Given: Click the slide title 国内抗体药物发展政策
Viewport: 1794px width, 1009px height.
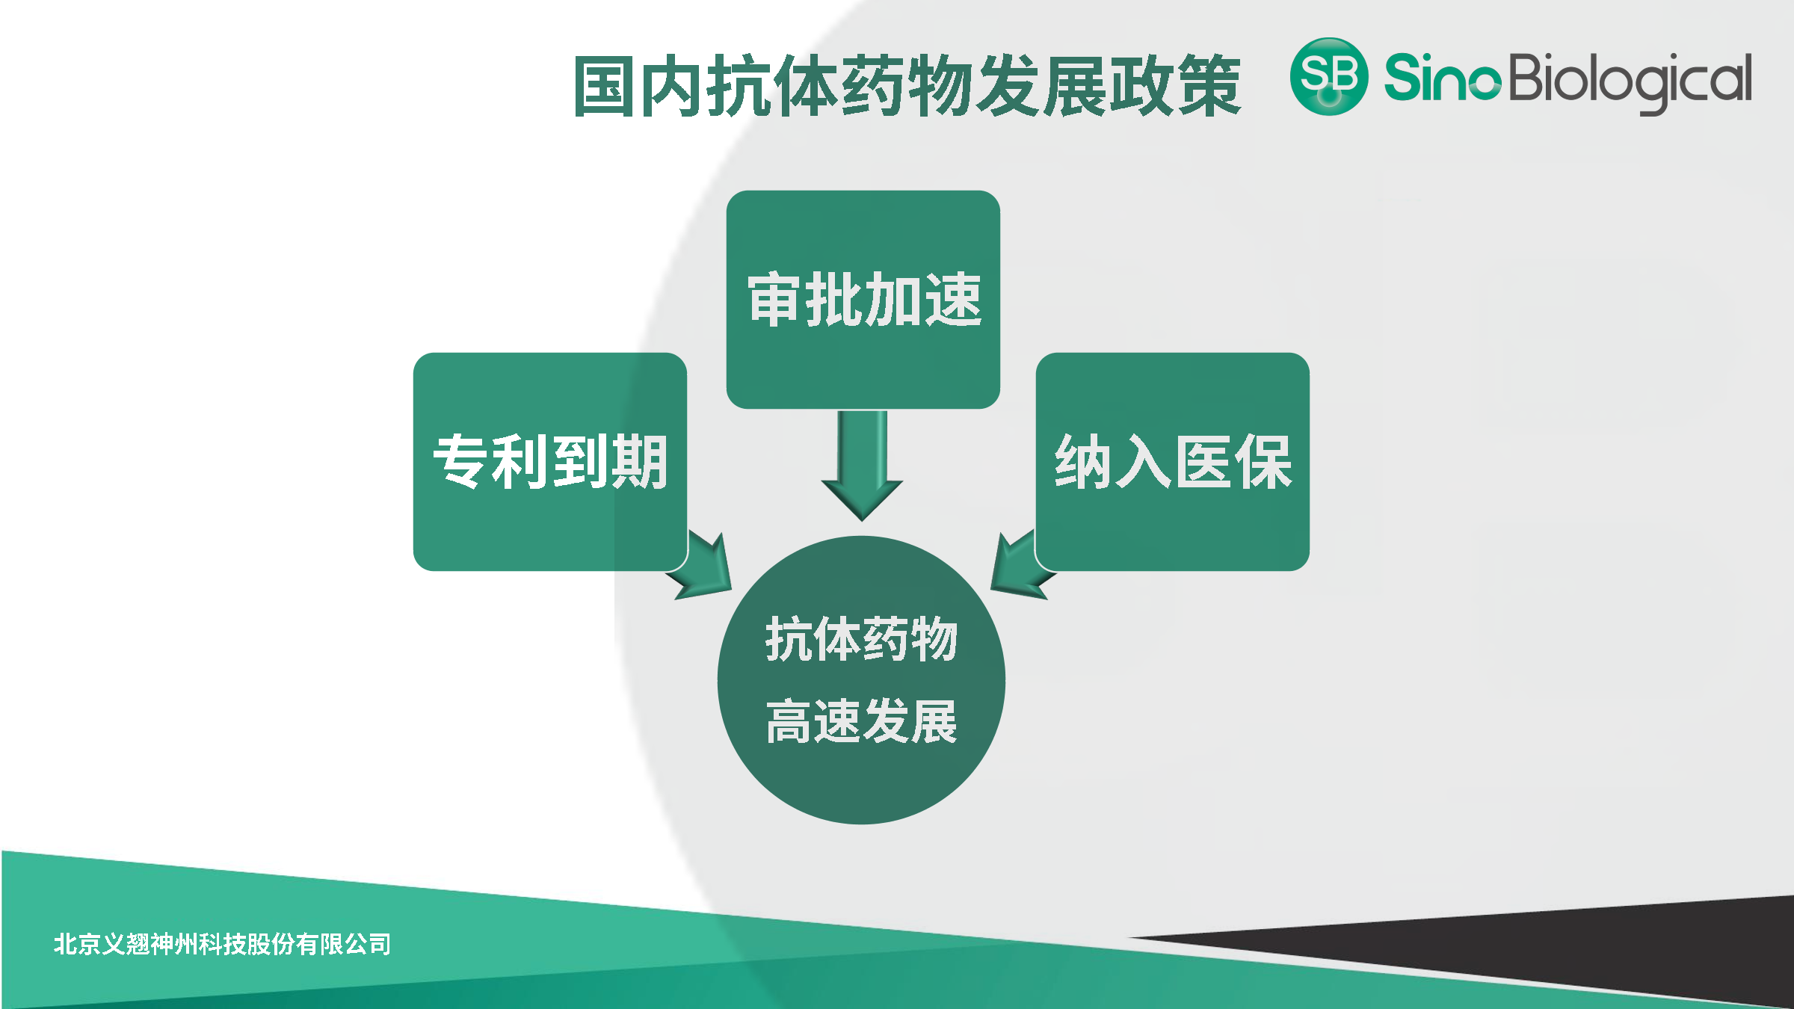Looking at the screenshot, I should pos(906,86).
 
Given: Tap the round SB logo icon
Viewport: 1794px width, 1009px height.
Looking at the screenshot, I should pos(1328,76).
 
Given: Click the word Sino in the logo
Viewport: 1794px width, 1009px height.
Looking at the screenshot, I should pos(1441,77).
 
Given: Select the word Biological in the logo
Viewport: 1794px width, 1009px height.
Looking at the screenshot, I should pos(1630,79).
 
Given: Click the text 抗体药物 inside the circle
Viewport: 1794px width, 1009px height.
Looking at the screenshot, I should pos(861,640).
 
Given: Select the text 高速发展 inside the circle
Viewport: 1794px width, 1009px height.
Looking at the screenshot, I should pos(861,721).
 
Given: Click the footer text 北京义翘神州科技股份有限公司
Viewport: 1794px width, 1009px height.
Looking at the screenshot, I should pos(222,944).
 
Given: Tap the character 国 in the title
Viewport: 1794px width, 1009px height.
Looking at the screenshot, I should pos(604,86).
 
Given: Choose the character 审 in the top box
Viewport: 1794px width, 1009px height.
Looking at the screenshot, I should pos(775,300).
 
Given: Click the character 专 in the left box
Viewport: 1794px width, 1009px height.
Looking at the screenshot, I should pos(462,461).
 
